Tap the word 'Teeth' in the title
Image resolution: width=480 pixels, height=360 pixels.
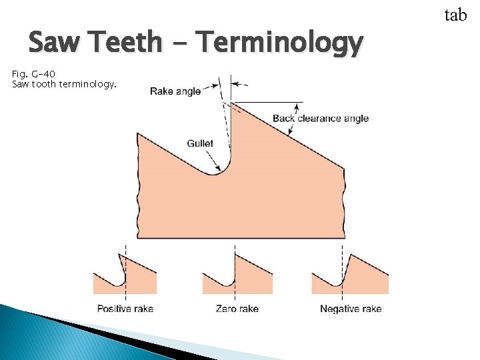point(128,43)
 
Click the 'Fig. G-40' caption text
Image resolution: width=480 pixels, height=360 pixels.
point(34,73)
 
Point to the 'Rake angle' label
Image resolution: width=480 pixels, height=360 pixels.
point(175,91)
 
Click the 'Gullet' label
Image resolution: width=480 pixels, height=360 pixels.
point(200,143)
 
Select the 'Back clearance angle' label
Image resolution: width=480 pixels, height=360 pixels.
point(320,119)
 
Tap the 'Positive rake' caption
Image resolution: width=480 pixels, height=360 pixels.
point(125,309)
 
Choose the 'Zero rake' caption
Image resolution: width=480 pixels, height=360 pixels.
point(237,309)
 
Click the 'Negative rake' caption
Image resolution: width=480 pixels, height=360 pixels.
point(351,309)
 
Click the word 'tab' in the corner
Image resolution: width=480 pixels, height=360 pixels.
point(455,15)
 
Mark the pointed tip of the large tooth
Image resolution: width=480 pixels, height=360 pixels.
point(231,103)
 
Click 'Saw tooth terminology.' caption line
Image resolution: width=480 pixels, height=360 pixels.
point(64,85)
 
